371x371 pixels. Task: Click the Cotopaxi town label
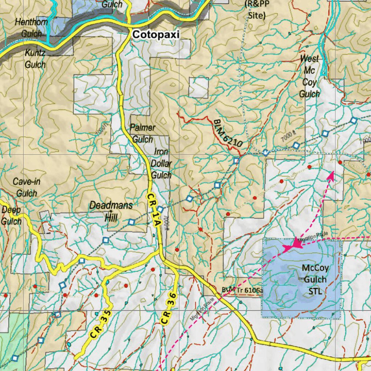tap(156, 34)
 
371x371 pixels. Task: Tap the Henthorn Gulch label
tap(31, 28)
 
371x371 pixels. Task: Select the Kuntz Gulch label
tap(35, 59)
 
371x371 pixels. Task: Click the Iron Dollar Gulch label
tap(161, 163)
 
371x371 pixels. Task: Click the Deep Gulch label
tap(11, 216)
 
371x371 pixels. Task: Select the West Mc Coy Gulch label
tap(309, 76)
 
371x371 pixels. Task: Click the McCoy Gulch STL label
tap(315, 279)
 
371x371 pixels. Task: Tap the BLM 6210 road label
tap(228, 133)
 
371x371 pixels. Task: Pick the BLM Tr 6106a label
tap(242, 290)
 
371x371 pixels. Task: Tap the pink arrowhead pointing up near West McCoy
tap(330, 175)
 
